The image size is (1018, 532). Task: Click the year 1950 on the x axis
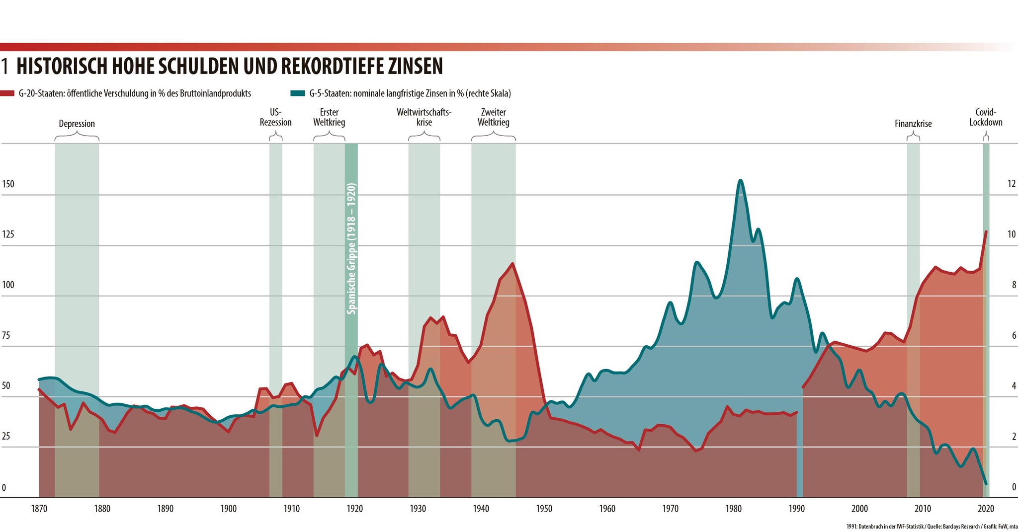[x=544, y=509]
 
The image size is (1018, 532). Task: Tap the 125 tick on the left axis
[x=8, y=234]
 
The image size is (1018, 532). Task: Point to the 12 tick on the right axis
[x=1011, y=184]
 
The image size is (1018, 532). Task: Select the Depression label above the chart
[x=77, y=124]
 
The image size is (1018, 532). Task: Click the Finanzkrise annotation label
[x=913, y=124]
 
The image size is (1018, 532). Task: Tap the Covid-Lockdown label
[x=986, y=117]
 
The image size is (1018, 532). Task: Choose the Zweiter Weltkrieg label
[x=493, y=117]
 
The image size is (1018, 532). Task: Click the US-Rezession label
[x=275, y=117]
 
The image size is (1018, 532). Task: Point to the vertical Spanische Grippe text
[x=351, y=248]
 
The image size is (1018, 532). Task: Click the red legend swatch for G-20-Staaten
[x=7, y=93]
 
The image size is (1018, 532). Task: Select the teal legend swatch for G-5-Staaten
[x=298, y=93]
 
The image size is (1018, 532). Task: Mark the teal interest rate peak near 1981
[x=741, y=180]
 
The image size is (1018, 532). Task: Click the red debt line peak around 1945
[x=512, y=264]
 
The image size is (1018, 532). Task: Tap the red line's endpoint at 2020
[x=986, y=231]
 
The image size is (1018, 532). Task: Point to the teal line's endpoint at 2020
[x=986, y=484]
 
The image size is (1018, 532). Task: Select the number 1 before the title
[x=4, y=66]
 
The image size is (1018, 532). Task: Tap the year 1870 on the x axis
[x=39, y=509]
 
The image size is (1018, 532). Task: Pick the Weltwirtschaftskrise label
[x=424, y=117]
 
